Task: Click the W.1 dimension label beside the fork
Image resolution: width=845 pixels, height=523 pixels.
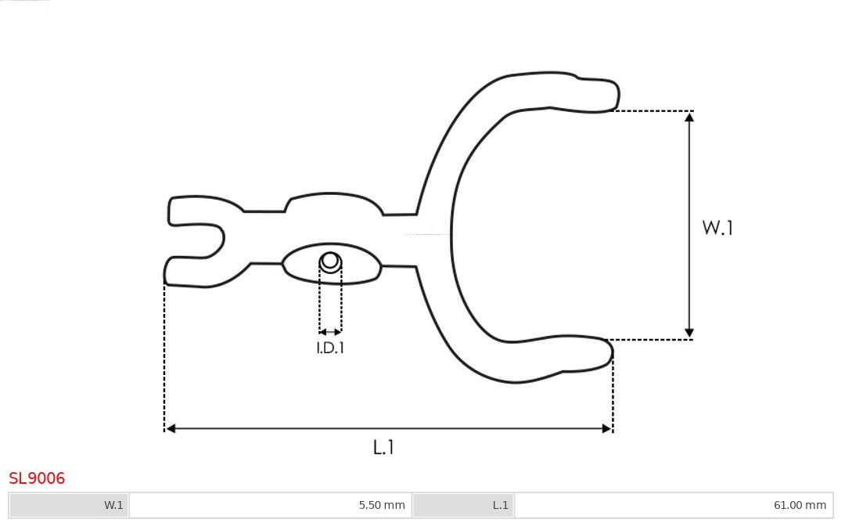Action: point(717,228)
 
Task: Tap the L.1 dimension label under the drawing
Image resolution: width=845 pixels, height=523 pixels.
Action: point(383,448)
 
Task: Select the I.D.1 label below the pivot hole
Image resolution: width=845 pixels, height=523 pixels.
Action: point(330,348)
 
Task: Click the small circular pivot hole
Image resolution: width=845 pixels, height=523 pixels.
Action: point(330,261)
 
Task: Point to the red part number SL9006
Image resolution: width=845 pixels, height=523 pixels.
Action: point(37,478)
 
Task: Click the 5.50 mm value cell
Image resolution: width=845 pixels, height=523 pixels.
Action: point(270,505)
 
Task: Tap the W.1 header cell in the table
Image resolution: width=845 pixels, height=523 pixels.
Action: point(69,505)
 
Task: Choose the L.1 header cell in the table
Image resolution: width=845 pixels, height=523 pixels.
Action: point(463,505)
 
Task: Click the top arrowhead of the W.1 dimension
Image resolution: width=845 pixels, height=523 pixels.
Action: point(689,117)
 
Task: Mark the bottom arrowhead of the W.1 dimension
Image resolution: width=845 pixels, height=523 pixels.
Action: point(689,334)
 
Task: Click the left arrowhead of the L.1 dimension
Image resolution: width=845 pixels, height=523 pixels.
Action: point(171,428)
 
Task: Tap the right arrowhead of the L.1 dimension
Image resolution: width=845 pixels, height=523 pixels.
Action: point(606,428)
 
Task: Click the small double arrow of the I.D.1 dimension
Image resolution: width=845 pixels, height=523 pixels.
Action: point(330,332)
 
